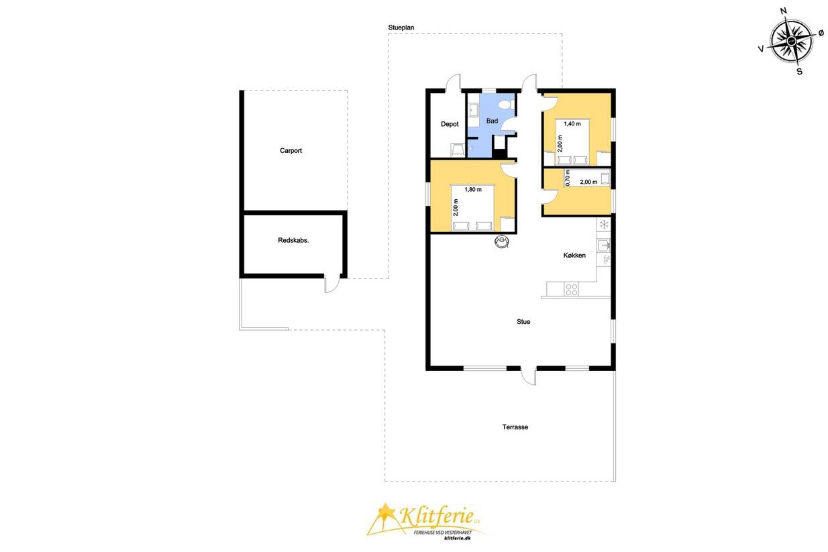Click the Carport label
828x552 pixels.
(291, 151)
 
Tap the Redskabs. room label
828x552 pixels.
(293, 240)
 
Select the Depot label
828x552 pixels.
(450, 124)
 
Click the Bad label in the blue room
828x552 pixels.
(492, 121)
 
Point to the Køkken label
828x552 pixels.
(574, 256)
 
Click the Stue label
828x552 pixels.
(523, 322)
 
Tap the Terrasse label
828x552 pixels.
(515, 427)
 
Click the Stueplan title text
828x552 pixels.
(401, 27)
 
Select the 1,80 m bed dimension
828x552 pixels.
(473, 190)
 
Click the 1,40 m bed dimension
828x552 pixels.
(572, 124)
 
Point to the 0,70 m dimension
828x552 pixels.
(568, 178)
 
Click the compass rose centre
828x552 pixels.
(790, 41)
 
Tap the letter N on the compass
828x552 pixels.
(783, 11)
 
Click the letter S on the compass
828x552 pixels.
(800, 71)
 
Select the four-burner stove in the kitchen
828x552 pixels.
(572, 289)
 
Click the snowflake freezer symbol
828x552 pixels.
(604, 224)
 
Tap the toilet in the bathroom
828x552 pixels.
(506, 105)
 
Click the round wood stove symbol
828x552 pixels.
(502, 241)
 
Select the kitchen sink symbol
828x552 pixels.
(603, 245)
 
